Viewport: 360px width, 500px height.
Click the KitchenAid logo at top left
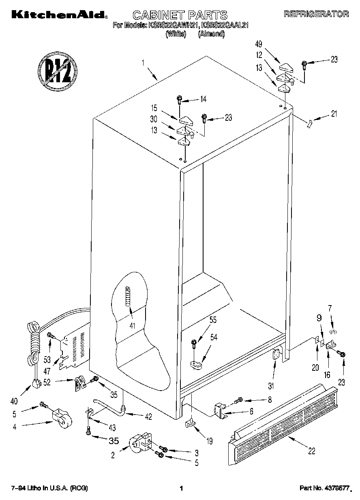click(58, 15)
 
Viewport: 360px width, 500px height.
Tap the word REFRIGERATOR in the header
click(316, 14)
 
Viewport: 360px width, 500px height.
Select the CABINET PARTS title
click(180, 15)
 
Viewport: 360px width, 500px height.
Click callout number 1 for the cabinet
click(144, 63)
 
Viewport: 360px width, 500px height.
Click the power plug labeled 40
click(37, 382)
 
